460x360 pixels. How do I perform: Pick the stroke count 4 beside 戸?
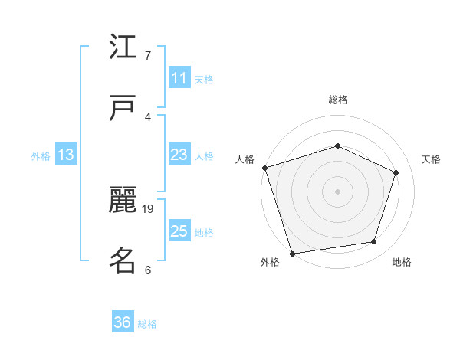[147, 116]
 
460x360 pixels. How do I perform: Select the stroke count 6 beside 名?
[147, 270]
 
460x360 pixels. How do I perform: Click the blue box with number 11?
[179, 78]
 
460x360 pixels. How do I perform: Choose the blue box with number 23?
[179, 155]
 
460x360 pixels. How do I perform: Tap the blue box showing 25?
[179, 231]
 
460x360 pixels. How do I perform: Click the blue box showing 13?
[66, 155]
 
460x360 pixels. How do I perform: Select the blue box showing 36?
[123, 322]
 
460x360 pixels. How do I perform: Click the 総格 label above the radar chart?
[337, 100]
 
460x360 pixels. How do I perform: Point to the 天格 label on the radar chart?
[431, 159]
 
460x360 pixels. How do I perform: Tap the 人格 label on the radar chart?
[245, 159]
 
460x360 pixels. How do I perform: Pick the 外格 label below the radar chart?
[270, 263]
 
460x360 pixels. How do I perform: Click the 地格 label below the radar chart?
[402, 263]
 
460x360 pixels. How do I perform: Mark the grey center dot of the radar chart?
[337, 191]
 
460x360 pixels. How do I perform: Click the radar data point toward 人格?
[264, 168]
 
